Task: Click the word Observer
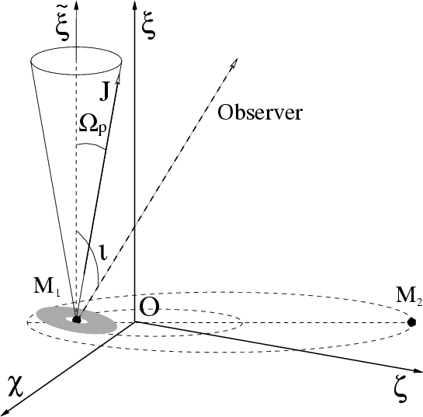(x=260, y=112)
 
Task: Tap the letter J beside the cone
(x=105, y=92)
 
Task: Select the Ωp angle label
(x=92, y=126)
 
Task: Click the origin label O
(x=149, y=308)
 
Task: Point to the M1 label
(x=47, y=287)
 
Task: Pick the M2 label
(x=409, y=297)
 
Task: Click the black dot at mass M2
(x=411, y=322)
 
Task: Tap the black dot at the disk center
(x=77, y=320)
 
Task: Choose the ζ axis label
(x=400, y=393)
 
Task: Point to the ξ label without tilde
(x=150, y=25)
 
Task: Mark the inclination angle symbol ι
(x=103, y=252)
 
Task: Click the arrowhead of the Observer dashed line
(x=234, y=63)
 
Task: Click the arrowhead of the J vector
(x=118, y=79)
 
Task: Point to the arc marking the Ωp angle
(x=91, y=145)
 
